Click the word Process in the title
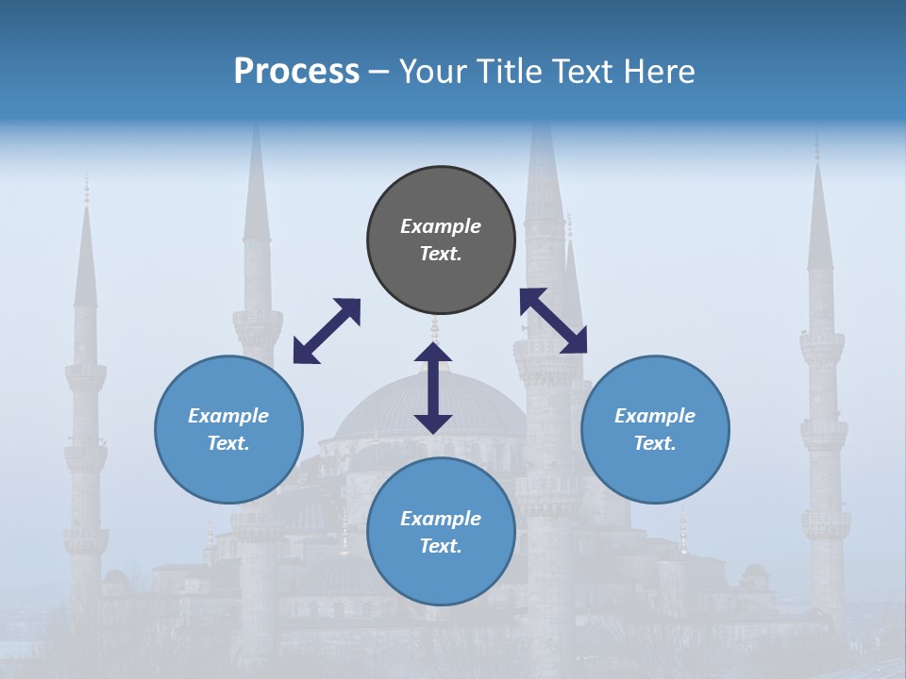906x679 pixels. click(x=296, y=72)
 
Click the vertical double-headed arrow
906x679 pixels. click(x=433, y=389)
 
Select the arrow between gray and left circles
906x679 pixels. click(x=327, y=331)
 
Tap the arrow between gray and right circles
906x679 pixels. click(x=553, y=321)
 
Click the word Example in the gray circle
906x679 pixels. click(x=441, y=226)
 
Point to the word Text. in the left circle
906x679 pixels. click(x=228, y=443)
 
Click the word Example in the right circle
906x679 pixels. click(x=655, y=416)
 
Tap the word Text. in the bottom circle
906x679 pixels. click(x=441, y=546)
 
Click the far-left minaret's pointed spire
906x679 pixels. click(x=86, y=255)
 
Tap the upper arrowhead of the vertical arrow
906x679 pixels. click(x=433, y=353)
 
